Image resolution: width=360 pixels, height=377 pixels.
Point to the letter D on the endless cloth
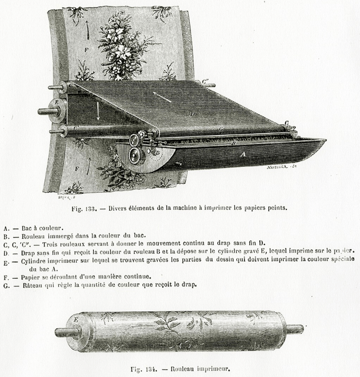tap(193, 114)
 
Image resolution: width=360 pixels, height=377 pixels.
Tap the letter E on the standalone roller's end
tap(76, 320)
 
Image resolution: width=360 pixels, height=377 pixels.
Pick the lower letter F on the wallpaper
tap(77, 169)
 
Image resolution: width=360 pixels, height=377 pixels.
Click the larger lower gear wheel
tap(135, 155)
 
